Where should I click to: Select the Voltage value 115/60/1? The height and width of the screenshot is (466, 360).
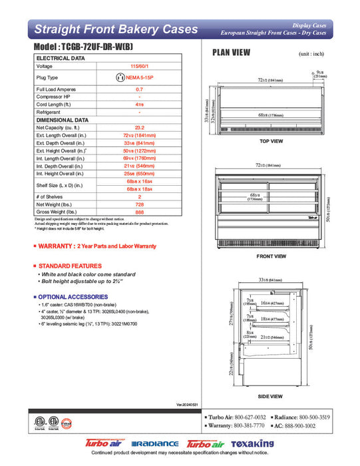[139, 66]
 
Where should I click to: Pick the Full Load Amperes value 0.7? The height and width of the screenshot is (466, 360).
[139, 89]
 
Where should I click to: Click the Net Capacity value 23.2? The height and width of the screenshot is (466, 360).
[139, 127]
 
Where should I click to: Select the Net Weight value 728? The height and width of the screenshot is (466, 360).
[139, 204]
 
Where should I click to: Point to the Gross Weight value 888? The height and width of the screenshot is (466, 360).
[139, 212]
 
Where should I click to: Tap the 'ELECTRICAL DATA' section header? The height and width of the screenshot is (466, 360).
[61, 59]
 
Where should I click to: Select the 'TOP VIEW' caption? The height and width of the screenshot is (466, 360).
[271, 142]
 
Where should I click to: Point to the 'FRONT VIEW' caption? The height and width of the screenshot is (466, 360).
[271, 256]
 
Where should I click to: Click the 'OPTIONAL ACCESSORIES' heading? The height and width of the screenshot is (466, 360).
[66, 296]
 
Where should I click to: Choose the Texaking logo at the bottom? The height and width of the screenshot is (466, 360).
[252, 444]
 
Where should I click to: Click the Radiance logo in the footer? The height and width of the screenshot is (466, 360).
[155, 444]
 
